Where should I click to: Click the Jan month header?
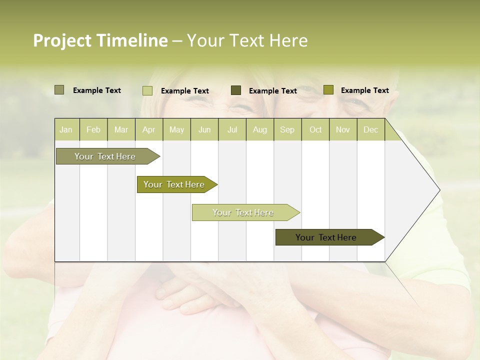pos(66,130)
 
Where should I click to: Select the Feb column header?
pos(93,130)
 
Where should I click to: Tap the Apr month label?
pos(148,130)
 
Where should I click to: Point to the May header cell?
pos(176,130)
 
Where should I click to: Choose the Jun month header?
pos(204,130)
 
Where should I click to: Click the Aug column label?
pos(259,130)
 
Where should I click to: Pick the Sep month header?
pos(287,130)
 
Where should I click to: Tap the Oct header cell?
pos(315,130)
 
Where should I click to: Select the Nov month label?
pos(343,130)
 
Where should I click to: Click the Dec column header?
pos(370,130)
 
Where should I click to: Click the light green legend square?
pos(147,90)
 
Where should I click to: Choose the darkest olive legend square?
pos(236,90)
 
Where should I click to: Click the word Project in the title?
pos(62,41)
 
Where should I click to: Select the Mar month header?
pos(121,130)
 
